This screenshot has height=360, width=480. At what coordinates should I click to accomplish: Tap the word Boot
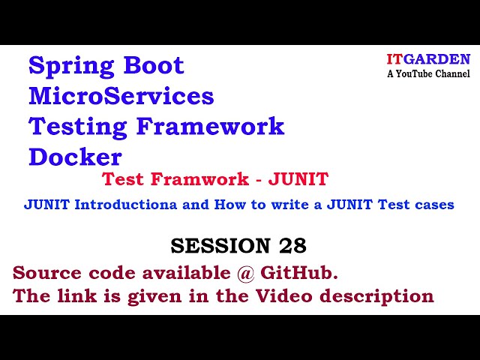[x=153, y=66]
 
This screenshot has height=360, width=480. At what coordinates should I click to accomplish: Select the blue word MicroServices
[x=121, y=96]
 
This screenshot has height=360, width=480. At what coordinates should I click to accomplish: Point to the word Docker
[x=75, y=157]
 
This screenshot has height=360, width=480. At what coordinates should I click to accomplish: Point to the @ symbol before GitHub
[x=246, y=271]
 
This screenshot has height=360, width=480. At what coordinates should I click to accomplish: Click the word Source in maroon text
[x=43, y=271]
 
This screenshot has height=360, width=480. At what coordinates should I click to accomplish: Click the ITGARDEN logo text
[x=427, y=59]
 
